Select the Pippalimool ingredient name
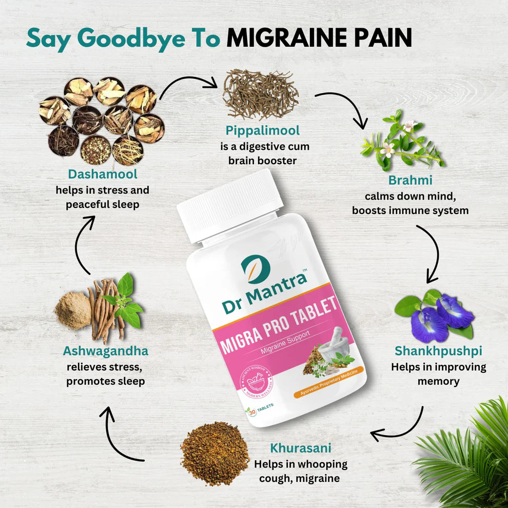262,130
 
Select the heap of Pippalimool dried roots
261,95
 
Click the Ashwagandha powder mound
72,310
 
